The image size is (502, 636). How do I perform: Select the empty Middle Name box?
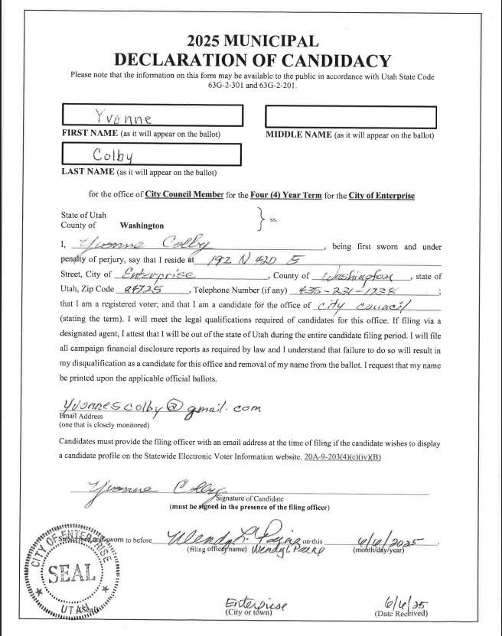click(350, 117)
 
